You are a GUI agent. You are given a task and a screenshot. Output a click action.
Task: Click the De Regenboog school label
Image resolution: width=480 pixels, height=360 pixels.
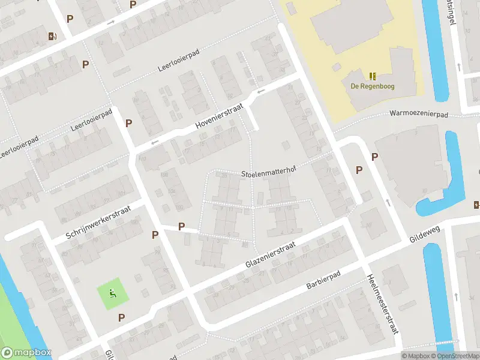point(373,86)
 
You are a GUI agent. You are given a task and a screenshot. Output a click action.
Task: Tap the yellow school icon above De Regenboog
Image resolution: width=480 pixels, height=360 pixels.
point(373,76)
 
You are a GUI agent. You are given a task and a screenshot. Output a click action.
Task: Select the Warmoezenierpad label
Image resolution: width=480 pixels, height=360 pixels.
point(419,113)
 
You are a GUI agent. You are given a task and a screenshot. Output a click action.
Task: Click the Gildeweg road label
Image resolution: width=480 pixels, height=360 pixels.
point(425,229)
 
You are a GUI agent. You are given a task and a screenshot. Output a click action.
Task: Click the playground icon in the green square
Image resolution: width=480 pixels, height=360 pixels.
point(112,293)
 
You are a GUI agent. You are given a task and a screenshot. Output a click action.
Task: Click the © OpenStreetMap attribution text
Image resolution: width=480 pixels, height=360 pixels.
point(455,356)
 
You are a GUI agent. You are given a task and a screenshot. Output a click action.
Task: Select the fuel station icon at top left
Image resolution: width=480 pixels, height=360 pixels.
point(52,36)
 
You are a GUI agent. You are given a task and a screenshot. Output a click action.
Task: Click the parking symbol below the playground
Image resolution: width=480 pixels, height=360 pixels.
point(121,317)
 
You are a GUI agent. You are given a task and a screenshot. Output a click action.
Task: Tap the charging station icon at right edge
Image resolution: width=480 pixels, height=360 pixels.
point(476,205)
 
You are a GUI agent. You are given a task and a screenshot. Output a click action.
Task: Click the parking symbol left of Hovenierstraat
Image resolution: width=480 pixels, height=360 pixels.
point(128,123)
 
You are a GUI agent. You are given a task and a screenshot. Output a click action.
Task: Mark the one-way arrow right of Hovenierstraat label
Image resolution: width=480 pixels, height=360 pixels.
point(260,91)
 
